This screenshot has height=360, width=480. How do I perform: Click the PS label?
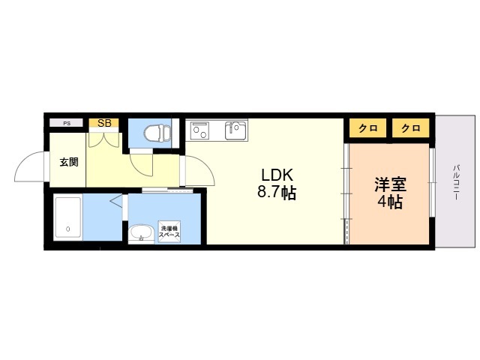click(x=67, y=124)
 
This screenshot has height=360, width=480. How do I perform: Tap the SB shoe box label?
click(x=104, y=123)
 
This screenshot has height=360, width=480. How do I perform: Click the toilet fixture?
click(x=157, y=133)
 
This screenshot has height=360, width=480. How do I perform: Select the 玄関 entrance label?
click(x=69, y=162)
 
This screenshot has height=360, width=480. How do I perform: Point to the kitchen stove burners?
click(x=199, y=130)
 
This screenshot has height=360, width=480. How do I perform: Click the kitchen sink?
click(x=235, y=130)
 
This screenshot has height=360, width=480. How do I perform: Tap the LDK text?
click(x=277, y=175)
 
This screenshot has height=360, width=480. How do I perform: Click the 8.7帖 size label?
click(x=277, y=193)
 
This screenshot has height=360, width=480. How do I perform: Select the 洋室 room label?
click(x=390, y=184)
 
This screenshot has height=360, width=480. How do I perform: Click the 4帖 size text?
click(x=390, y=202)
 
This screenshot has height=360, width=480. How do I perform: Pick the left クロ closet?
click(x=368, y=128)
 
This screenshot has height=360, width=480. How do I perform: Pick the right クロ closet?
click(x=411, y=128)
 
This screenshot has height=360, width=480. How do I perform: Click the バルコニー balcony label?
click(x=457, y=182)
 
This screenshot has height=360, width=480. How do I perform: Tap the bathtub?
click(x=68, y=218)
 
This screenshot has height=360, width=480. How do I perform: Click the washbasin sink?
click(x=141, y=233)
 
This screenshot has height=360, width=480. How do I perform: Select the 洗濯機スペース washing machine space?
click(x=169, y=232)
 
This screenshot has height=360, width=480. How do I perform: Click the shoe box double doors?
click(x=103, y=139)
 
